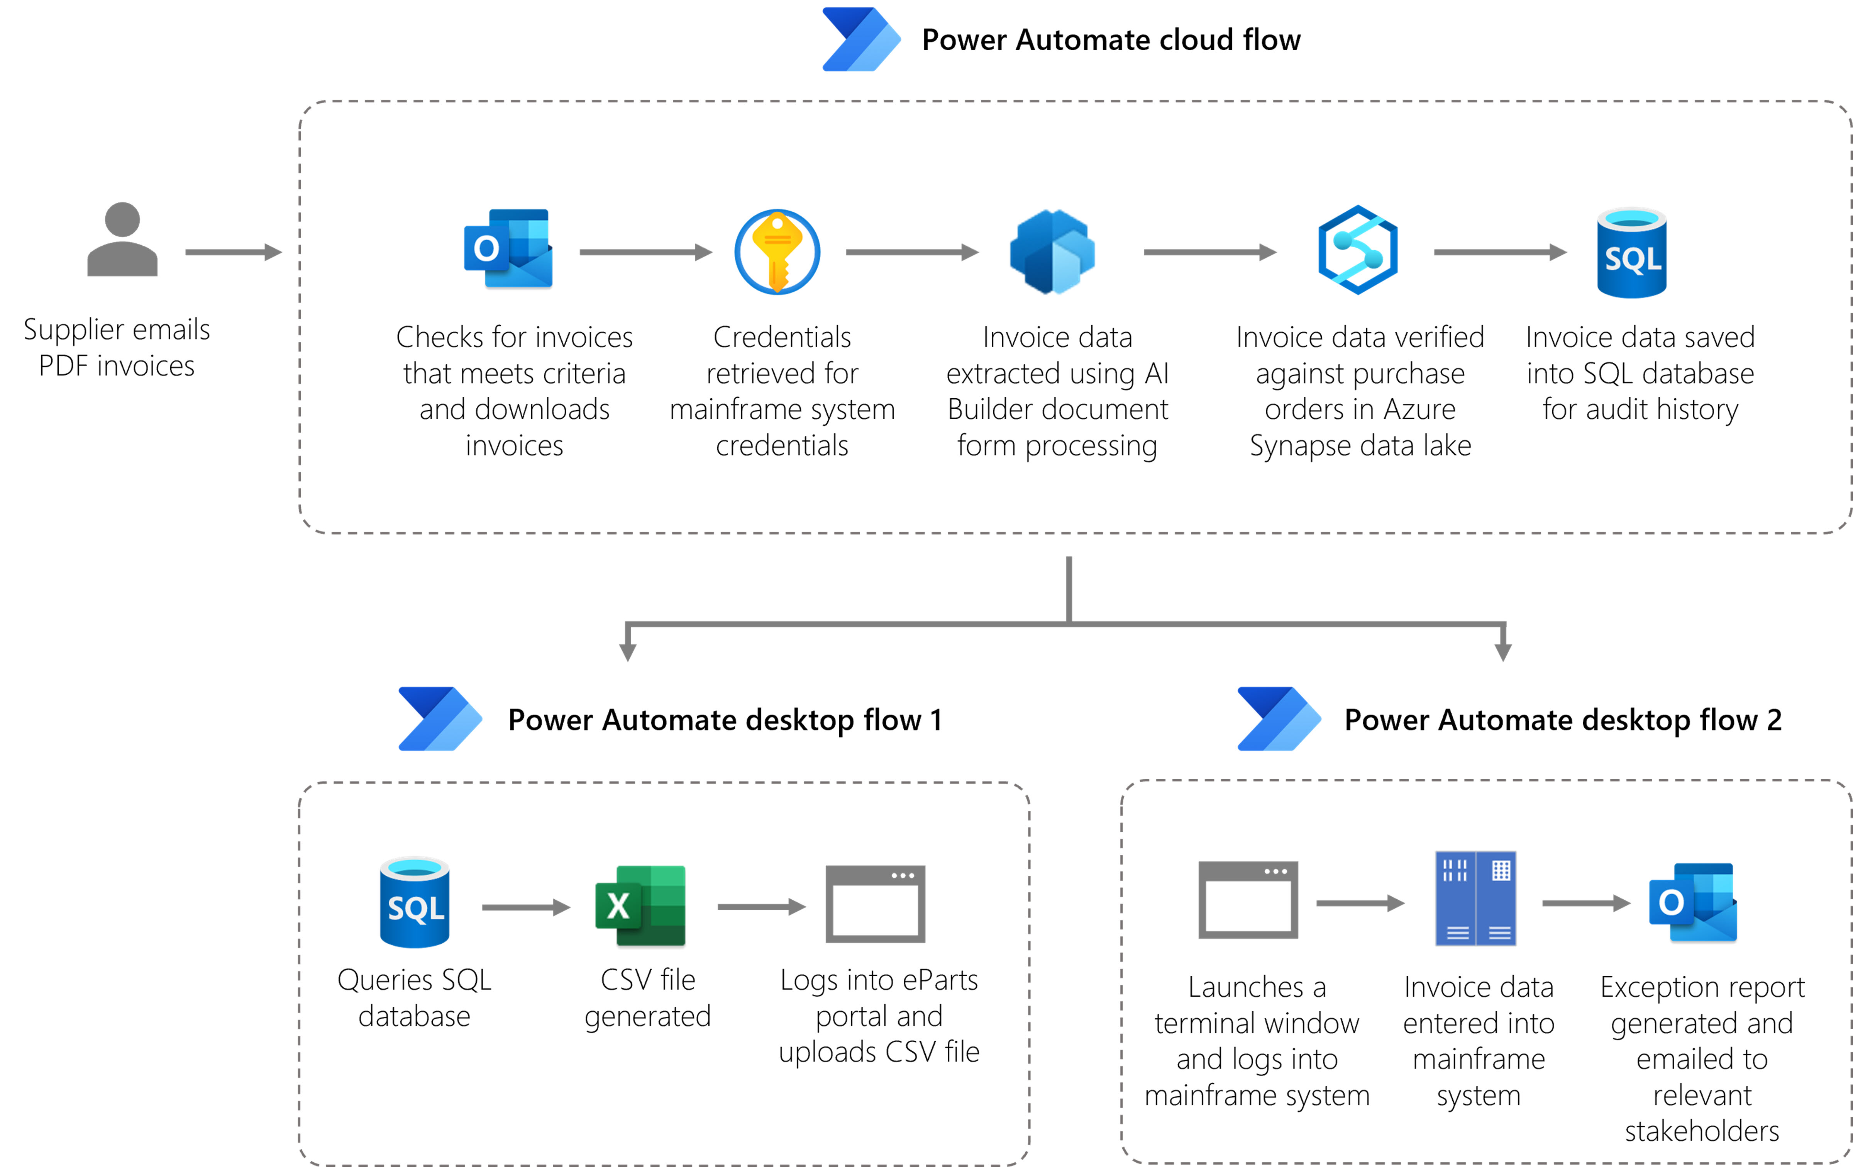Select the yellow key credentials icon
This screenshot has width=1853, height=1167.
[777, 252]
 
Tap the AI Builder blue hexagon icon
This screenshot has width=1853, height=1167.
[1052, 252]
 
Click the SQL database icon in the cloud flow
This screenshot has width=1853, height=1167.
[1631, 253]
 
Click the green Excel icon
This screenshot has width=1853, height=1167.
[640, 905]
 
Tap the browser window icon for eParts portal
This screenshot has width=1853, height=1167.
[875, 904]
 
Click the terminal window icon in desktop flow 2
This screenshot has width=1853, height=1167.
[1248, 899]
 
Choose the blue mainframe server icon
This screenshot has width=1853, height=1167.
[1475, 899]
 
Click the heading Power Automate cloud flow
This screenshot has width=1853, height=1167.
[1110, 40]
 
